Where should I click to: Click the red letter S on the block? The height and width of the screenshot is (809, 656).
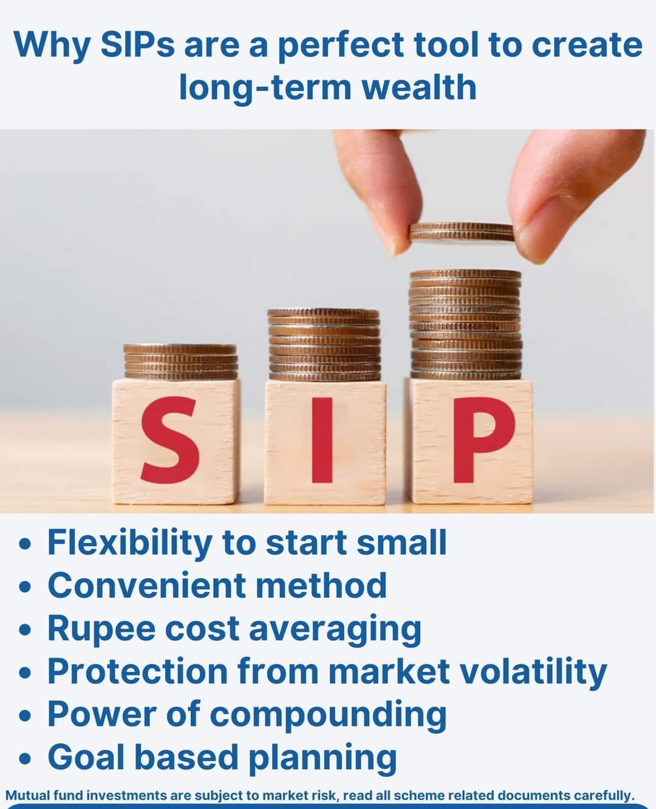[x=170, y=440]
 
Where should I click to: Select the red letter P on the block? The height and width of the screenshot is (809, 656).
[x=482, y=440]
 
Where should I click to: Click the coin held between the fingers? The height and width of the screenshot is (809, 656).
[x=462, y=233]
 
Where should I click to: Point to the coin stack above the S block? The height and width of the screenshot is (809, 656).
[x=180, y=361]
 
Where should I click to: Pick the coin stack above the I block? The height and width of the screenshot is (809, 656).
[x=324, y=344]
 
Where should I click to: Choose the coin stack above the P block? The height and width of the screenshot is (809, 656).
[x=466, y=325]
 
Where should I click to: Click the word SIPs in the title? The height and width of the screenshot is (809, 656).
[x=137, y=45]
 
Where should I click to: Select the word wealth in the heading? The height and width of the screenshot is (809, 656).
[x=419, y=87]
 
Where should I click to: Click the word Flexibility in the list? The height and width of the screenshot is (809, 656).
[x=130, y=544]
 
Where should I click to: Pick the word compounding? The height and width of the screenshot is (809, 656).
[x=328, y=715]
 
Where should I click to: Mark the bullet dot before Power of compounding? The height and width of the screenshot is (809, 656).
[x=25, y=716]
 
